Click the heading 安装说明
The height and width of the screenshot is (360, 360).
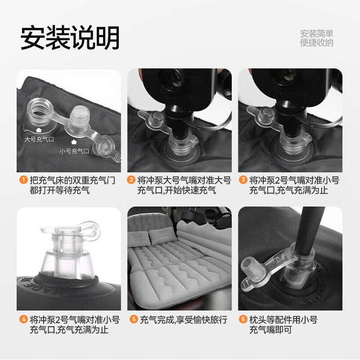coord(70,38)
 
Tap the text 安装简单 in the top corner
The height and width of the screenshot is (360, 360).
coord(317,34)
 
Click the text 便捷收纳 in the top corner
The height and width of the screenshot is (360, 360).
coord(317,43)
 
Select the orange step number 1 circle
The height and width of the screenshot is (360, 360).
coord(23,180)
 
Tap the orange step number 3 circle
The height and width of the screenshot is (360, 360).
coord(243,180)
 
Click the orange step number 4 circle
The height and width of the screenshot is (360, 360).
coord(23,320)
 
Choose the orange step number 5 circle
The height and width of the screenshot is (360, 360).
coord(134,320)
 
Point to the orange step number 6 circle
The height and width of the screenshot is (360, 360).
coord(243,320)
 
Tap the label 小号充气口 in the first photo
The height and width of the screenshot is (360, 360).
coord(74,151)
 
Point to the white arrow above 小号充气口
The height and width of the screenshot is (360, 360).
coord(74,143)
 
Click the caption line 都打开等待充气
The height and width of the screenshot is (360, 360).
coord(59,190)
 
